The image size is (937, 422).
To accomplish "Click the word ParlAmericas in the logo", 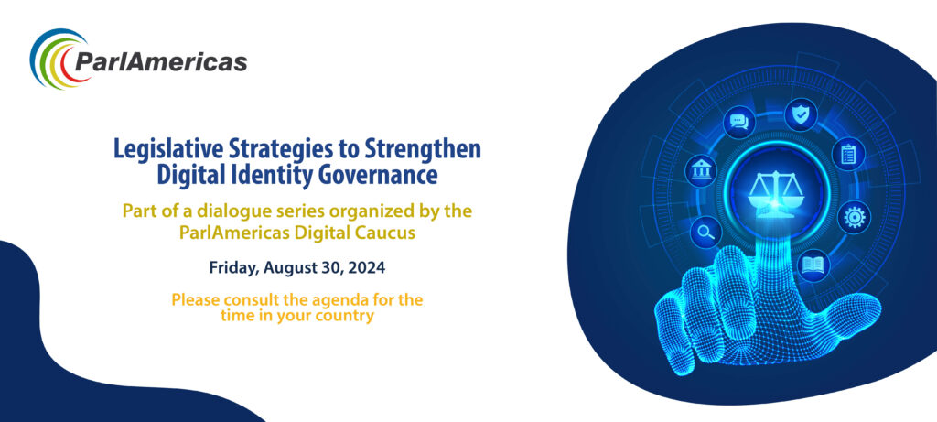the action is [x=161, y=61].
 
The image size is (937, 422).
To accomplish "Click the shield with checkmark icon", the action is [x=801, y=114].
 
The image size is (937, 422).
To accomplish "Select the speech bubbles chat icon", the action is [x=739, y=123].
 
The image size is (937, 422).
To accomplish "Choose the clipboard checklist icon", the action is [x=848, y=154].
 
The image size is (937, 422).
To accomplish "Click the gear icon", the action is [x=854, y=217].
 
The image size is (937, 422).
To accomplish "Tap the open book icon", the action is [x=813, y=265].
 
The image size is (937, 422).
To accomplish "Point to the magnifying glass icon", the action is [x=706, y=232].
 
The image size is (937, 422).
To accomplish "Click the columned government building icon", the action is [x=701, y=171].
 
